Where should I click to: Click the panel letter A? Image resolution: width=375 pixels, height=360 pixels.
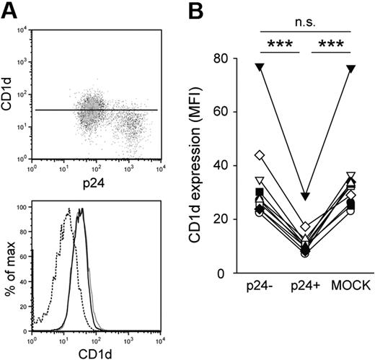(x=10, y=9)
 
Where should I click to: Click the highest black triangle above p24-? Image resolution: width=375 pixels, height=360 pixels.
(x=258, y=67)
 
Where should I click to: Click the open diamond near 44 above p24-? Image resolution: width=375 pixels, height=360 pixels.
(x=258, y=155)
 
